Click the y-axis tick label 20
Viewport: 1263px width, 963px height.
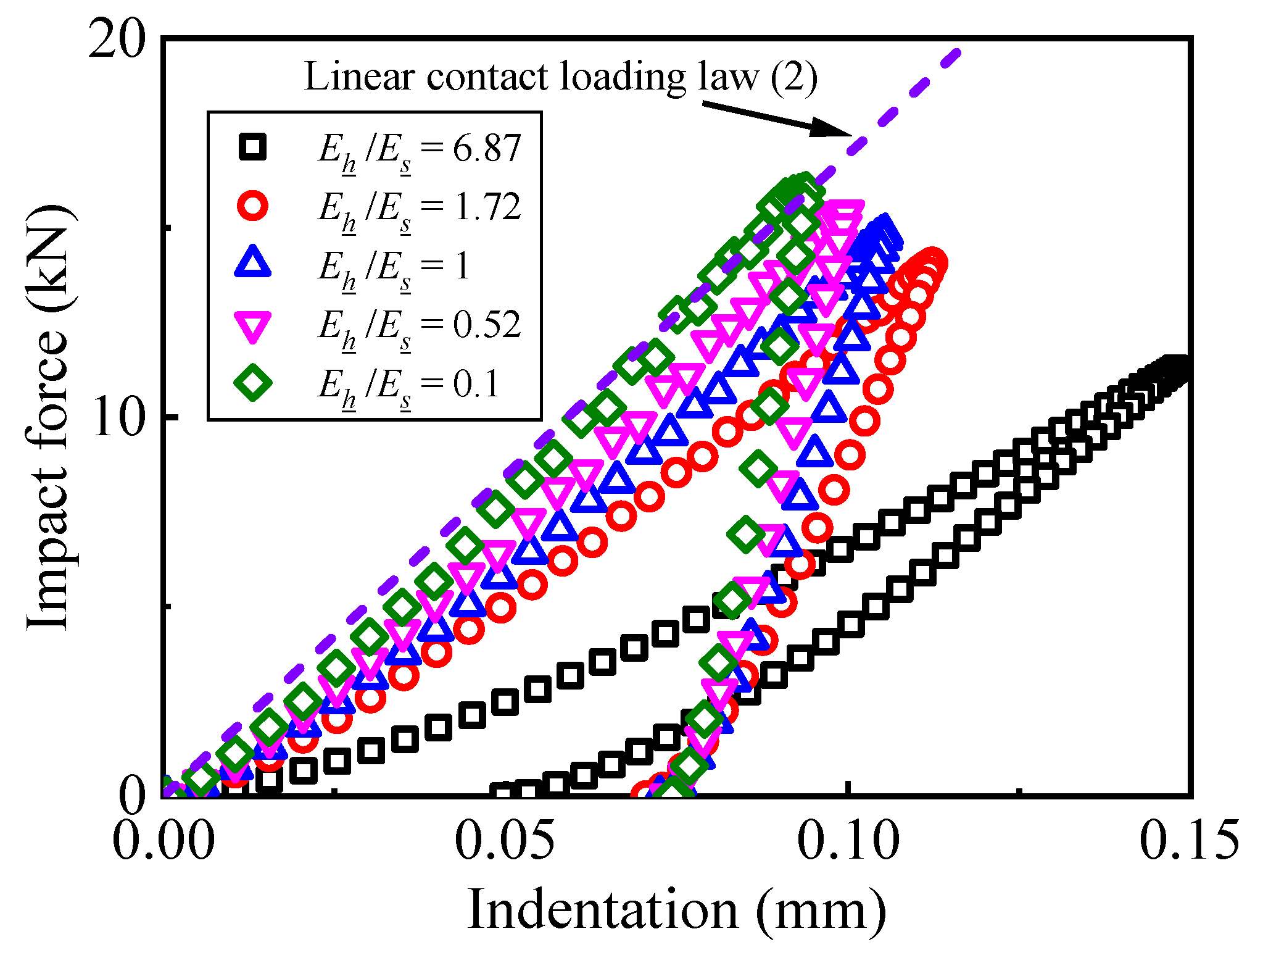tap(117, 41)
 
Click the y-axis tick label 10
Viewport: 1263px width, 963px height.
tap(117, 417)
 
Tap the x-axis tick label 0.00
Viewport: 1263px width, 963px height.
tap(164, 841)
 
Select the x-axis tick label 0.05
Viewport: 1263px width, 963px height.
tap(505, 841)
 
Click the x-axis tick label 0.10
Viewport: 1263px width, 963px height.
tap(848, 841)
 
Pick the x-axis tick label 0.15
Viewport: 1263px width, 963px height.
tap(1189, 841)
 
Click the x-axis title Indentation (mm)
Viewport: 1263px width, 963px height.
tap(677, 911)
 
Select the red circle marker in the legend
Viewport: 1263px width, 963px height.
tap(253, 206)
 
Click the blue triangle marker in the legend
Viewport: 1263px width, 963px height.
tap(253, 263)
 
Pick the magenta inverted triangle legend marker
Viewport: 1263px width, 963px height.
tap(253, 325)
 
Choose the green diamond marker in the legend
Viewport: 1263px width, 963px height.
tap(253, 382)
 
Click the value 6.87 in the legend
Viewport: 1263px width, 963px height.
tap(487, 148)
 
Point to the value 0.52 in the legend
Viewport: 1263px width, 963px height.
tap(487, 325)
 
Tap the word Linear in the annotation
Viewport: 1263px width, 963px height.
tap(358, 77)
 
